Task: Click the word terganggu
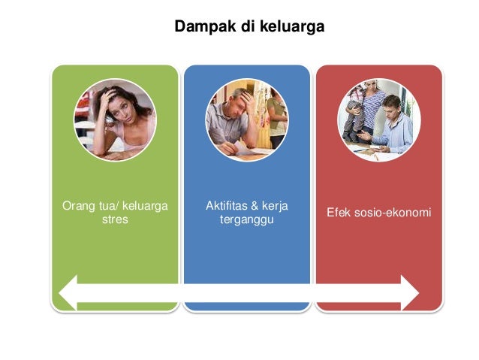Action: point(246,220)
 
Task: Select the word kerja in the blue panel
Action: point(276,206)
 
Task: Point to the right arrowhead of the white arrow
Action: point(409,292)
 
